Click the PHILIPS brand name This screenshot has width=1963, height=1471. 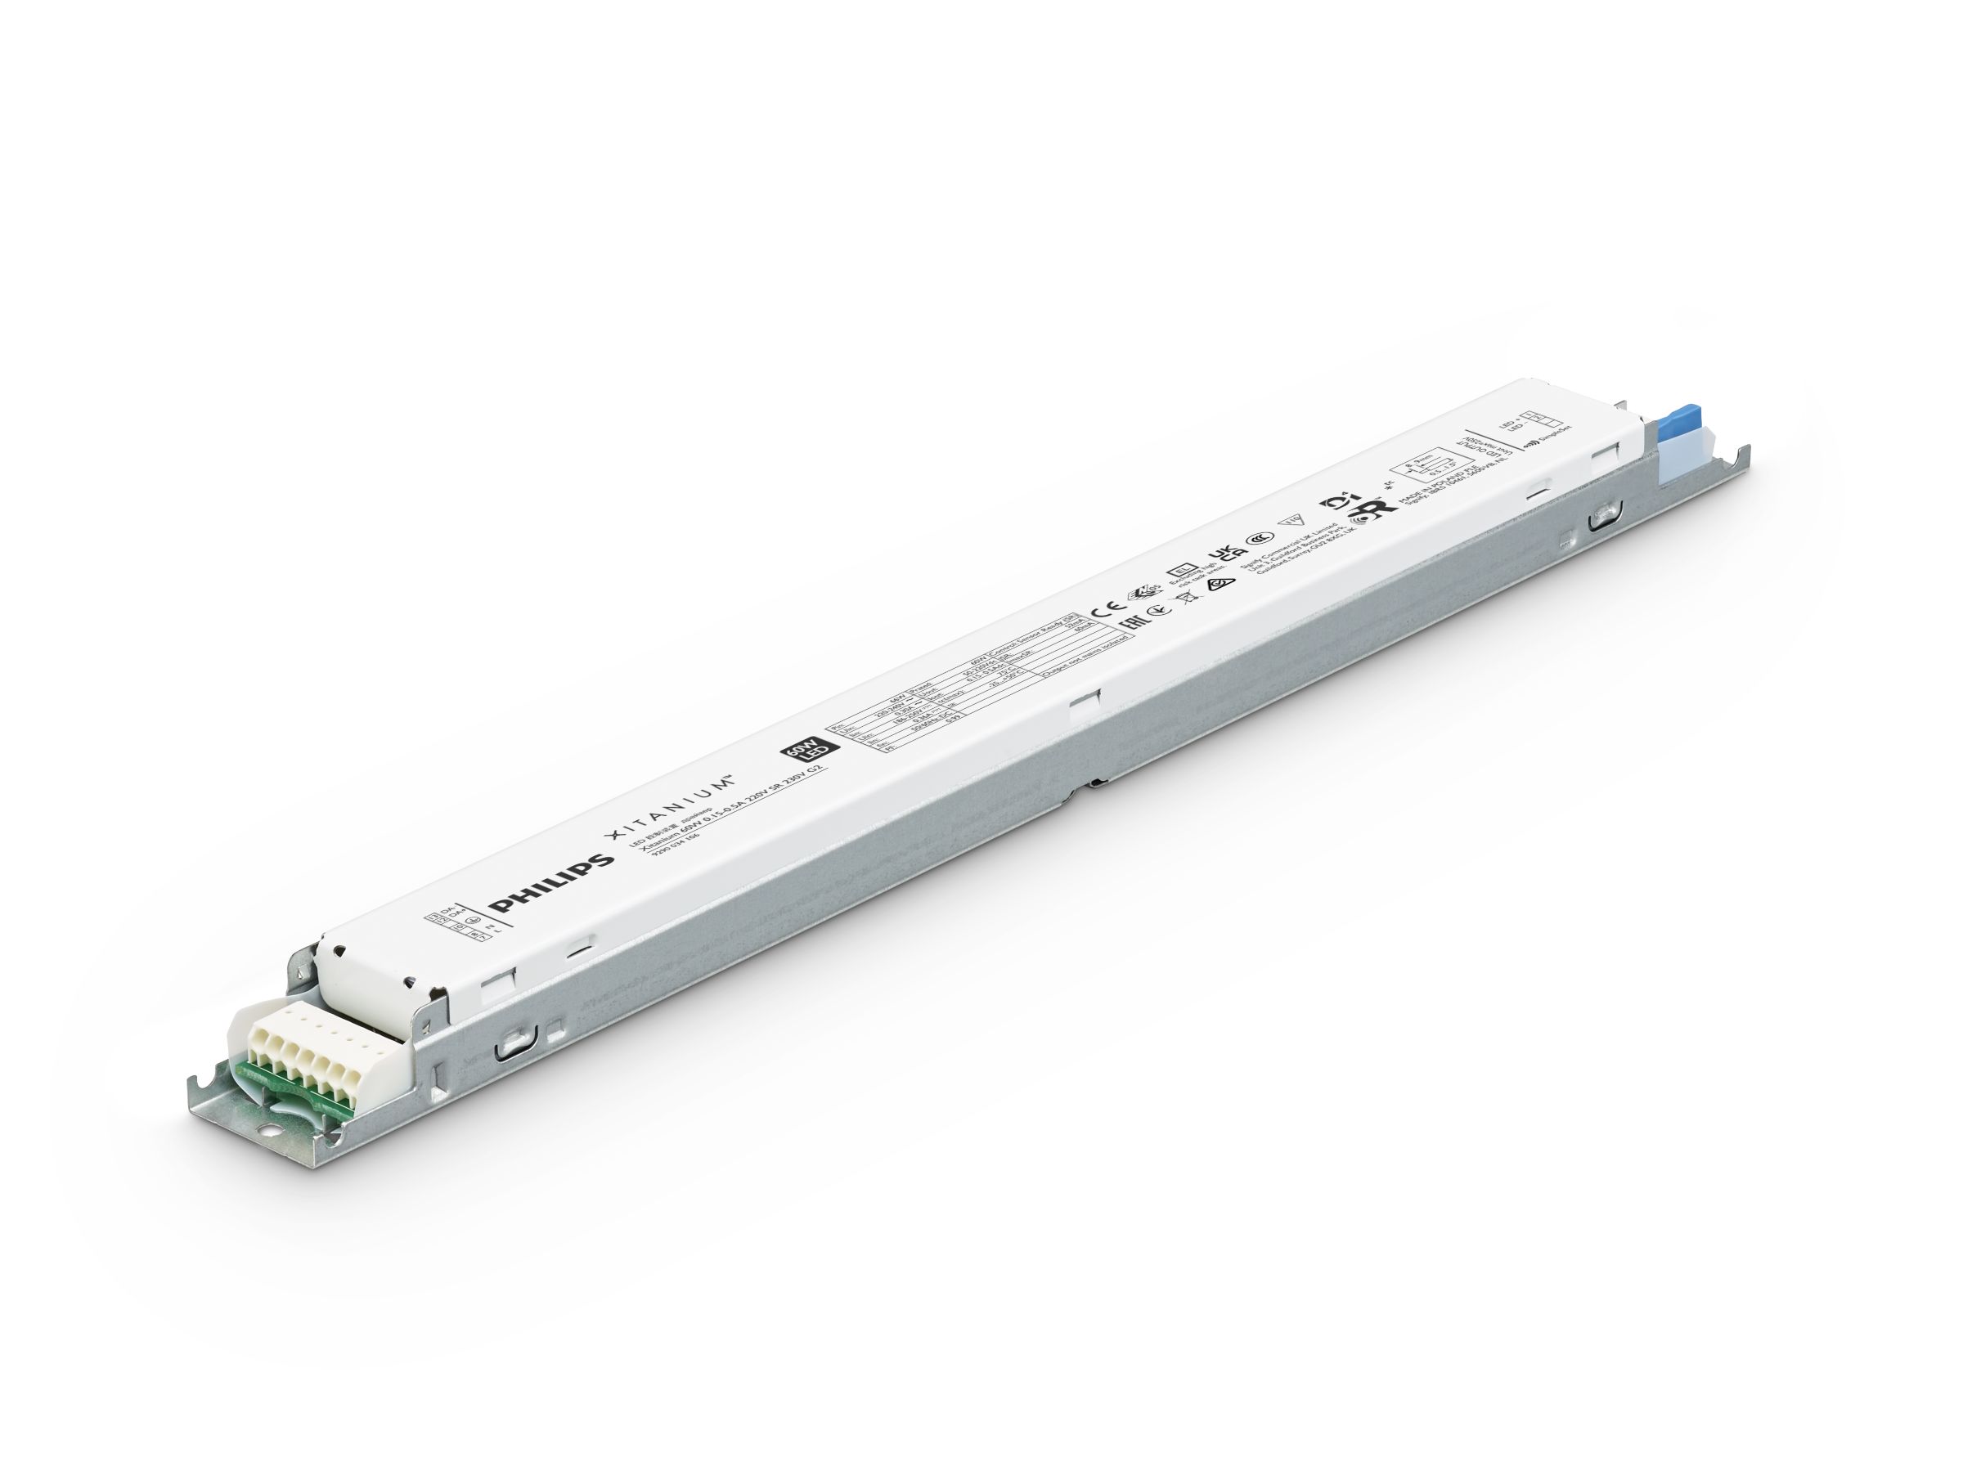(x=554, y=883)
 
